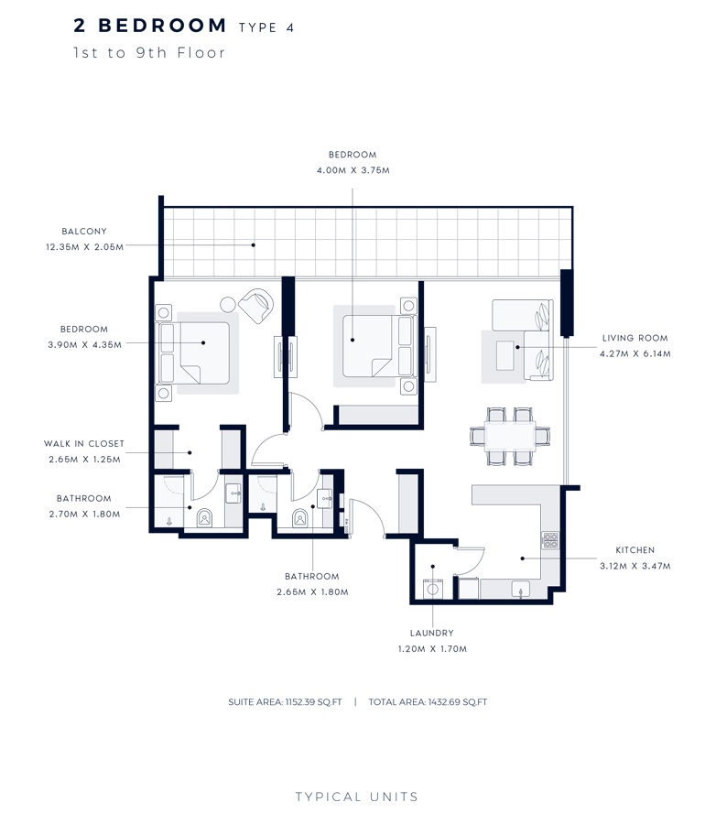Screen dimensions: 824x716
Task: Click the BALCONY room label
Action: pos(84,232)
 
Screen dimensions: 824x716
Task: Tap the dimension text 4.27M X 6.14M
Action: pos(635,353)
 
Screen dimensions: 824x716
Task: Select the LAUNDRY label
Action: pos(431,633)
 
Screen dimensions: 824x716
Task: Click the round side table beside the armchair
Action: pos(228,303)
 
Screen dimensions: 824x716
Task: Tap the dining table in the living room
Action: pos(509,437)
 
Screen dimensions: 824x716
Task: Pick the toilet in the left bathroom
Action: pos(204,518)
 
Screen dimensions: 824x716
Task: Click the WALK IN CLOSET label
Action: pos(83,444)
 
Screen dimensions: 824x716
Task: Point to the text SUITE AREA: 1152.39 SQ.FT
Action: pos(285,702)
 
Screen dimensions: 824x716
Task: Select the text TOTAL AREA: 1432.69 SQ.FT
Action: pos(428,702)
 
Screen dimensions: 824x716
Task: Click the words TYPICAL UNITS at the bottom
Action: pos(357,797)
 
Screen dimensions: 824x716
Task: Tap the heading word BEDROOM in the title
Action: pos(162,26)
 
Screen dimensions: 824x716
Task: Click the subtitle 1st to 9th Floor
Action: pos(149,53)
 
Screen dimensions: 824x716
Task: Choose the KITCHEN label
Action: pos(635,550)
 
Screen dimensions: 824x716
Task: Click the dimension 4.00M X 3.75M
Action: pos(353,170)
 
